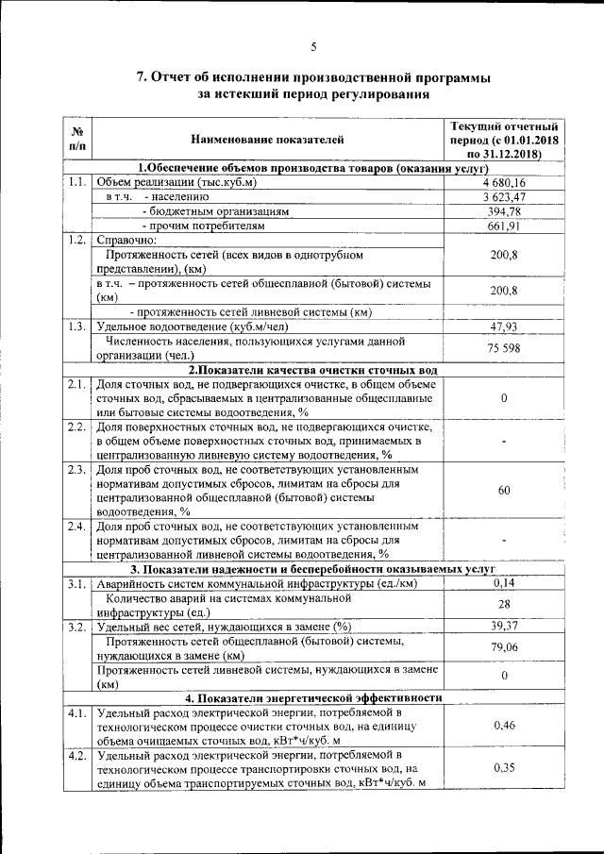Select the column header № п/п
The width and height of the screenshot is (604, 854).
coord(78,139)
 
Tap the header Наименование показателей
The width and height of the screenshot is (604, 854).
coord(268,140)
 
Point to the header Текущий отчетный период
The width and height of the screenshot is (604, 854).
coord(504,139)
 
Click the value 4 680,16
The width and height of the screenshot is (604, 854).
coord(504,182)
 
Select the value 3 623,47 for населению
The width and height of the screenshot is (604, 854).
coord(504,197)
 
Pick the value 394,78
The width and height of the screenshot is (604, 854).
coord(504,212)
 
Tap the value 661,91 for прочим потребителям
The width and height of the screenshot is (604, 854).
coord(504,227)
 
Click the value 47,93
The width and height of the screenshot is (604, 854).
coord(504,327)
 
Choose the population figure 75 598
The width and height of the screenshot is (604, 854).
coord(504,348)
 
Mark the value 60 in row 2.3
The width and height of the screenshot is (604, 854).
coord(504,490)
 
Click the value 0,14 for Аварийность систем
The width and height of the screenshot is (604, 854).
coord(504,584)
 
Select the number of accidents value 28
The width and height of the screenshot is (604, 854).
coord(504,604)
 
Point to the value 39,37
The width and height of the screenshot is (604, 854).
coord(504,626)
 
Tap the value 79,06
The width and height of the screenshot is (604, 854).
coord(504,647)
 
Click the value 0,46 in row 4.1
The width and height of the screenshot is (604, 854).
coord(504,726)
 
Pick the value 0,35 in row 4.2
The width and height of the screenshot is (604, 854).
coord(504,768)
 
